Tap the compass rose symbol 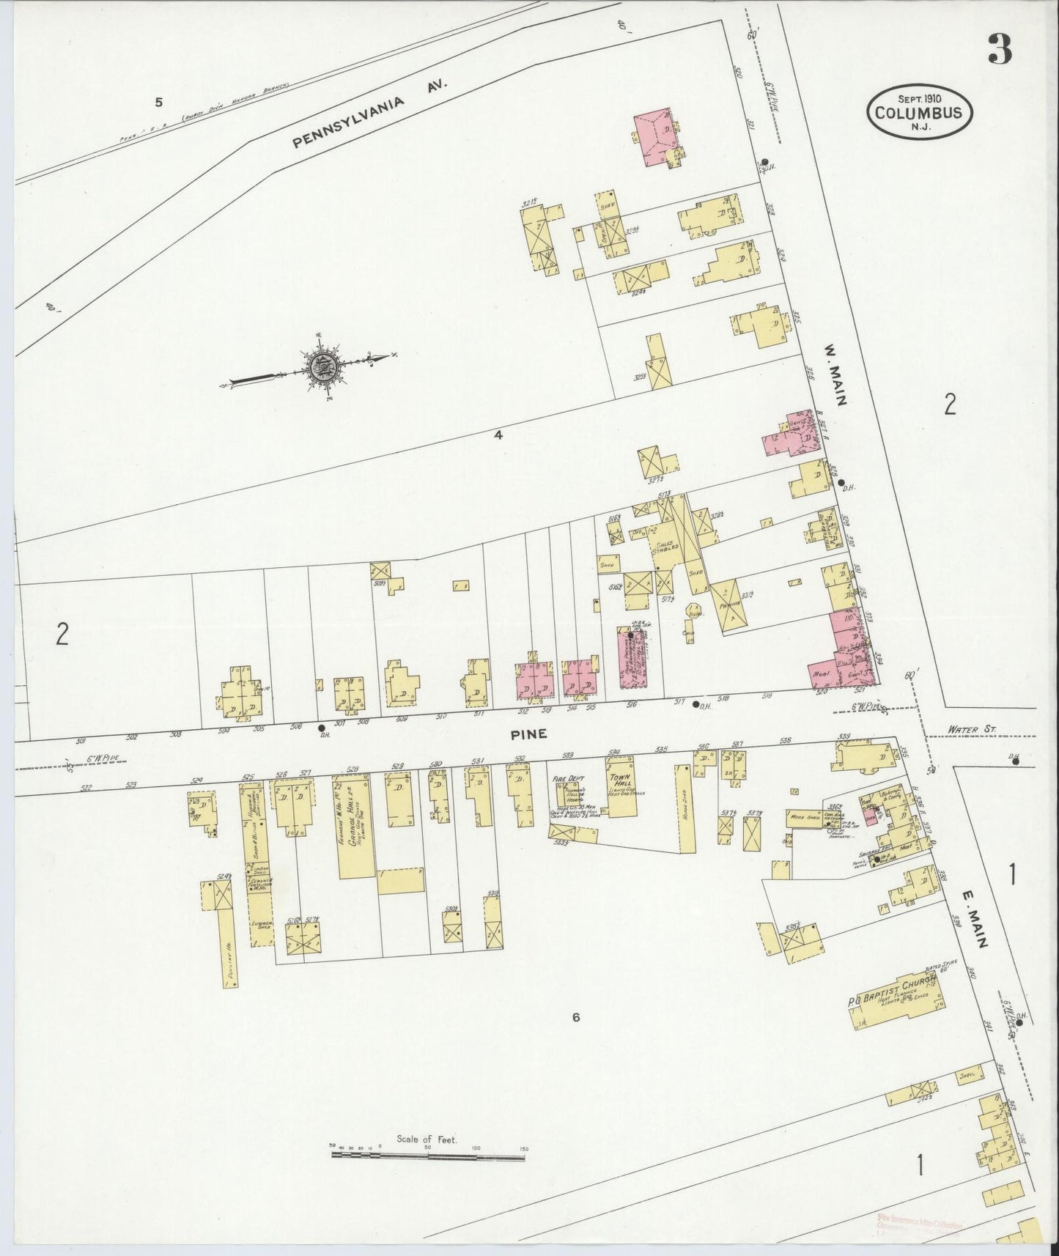point(321,367)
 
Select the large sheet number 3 point(999,49)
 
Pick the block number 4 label point(498,435)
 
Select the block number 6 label point(576,1018)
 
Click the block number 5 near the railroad point(158,102)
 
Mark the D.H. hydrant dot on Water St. point(1016,761)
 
